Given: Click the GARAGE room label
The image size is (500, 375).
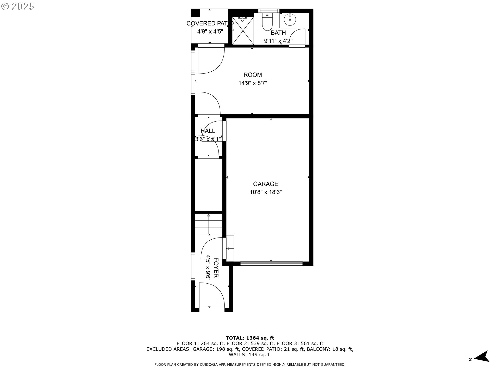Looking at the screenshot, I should (265, 184).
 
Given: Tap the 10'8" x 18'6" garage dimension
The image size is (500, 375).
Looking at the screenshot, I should (265, 192).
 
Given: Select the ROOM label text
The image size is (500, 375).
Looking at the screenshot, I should (253, 75).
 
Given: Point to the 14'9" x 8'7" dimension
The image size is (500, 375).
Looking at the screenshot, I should (253, 83).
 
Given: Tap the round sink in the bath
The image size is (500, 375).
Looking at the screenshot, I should (290, 19).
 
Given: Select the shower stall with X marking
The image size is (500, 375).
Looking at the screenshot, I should (243, 31).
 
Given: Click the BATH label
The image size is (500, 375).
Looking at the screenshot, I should (278, 33).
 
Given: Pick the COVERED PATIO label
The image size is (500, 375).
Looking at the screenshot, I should (210, 23).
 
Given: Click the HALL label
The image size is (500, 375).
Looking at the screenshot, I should (208, 131).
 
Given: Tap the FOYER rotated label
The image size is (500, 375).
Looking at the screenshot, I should (216, 268).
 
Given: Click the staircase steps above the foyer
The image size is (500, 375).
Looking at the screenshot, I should (208, 224).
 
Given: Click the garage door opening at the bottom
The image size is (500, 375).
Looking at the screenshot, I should (271, 264).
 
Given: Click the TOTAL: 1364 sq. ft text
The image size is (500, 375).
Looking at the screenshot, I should (250, 338).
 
